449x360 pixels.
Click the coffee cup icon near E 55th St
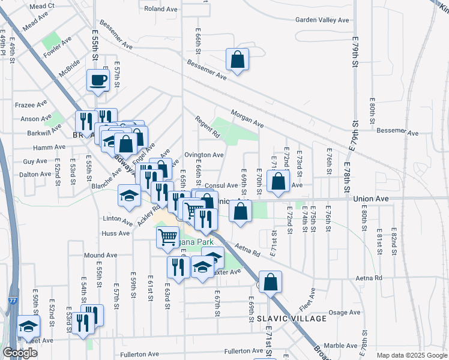pos(98,80)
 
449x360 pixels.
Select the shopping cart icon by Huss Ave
pos(167,236)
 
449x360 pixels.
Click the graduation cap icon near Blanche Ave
pos(129,196)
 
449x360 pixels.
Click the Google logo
pos(20,353)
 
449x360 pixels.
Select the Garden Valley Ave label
pos(322,20)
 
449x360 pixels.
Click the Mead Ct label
pos(41,6)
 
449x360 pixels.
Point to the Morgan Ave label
pos(247,118)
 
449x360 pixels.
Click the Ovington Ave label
pos(204,155)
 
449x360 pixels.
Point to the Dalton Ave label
pos(35,174)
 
